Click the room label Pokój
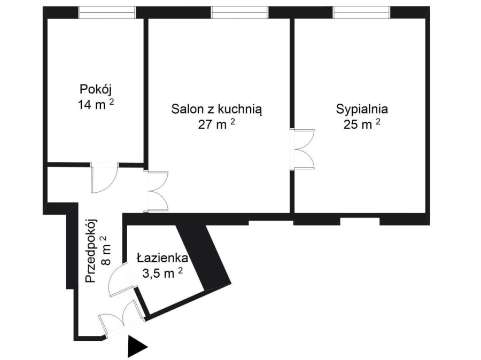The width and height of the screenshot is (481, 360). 95,90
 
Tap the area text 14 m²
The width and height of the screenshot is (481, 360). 96,105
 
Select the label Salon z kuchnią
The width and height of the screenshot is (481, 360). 216,109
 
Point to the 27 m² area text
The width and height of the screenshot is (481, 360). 216,124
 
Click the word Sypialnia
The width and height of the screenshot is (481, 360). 362,109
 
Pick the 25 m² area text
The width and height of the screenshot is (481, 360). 362,124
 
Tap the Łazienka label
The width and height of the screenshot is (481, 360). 162,258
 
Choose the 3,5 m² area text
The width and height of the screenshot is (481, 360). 162,272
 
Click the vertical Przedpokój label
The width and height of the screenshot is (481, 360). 91,251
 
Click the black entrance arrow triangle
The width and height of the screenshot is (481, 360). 137,347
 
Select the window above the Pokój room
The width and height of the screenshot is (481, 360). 107,13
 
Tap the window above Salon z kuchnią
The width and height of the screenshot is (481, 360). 239,13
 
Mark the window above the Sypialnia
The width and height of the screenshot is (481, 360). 361,13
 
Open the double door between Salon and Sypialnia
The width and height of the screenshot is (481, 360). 302,149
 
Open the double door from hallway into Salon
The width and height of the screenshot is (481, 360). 157,191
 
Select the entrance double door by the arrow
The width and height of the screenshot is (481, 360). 122,319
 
